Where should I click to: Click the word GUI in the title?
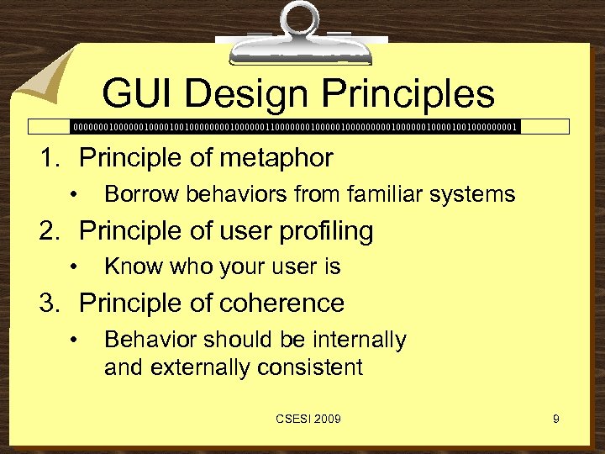(138, 94)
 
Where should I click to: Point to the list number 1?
(50, 158)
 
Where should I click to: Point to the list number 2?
(50, 230)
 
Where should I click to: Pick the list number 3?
(50, 303)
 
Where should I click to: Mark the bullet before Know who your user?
(75, 268)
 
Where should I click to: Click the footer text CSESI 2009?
(306, 419)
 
